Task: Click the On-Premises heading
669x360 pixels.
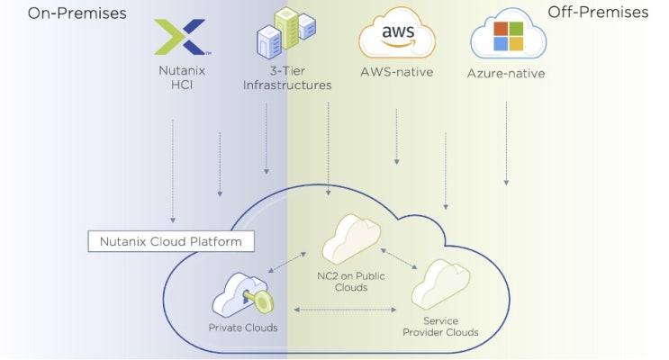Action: coord(77,13)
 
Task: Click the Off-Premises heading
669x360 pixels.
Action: coord(598,13)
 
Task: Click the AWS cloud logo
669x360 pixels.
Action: coord(396,35)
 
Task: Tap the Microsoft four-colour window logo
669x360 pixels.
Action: coord(508,39)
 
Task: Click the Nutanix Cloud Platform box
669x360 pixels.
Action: coord(171,242)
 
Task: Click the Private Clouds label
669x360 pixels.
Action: coord(243,328)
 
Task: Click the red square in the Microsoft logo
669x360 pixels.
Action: coord(502,31)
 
